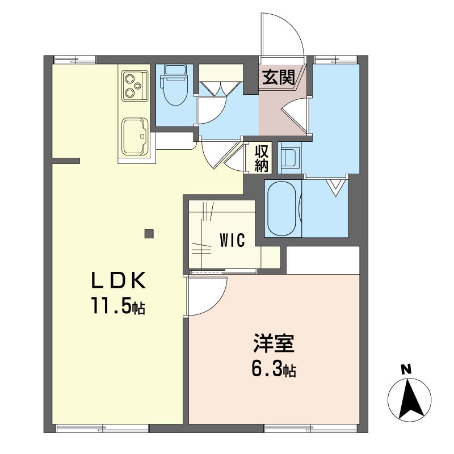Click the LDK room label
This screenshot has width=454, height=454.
point(119,280)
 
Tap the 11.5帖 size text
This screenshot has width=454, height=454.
point(119,305)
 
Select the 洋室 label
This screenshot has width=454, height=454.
point(274,343)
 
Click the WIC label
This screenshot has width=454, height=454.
point(232,240)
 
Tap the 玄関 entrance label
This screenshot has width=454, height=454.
point(278,77)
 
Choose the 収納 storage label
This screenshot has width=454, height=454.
point(262,158)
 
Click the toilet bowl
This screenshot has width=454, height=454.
point(175,91)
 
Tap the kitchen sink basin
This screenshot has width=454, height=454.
point(134,137)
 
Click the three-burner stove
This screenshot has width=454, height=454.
point(134,86)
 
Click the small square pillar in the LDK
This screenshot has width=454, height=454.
point(149,233)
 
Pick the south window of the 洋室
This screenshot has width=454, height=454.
point(311,427)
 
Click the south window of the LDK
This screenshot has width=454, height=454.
point(103,427)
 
